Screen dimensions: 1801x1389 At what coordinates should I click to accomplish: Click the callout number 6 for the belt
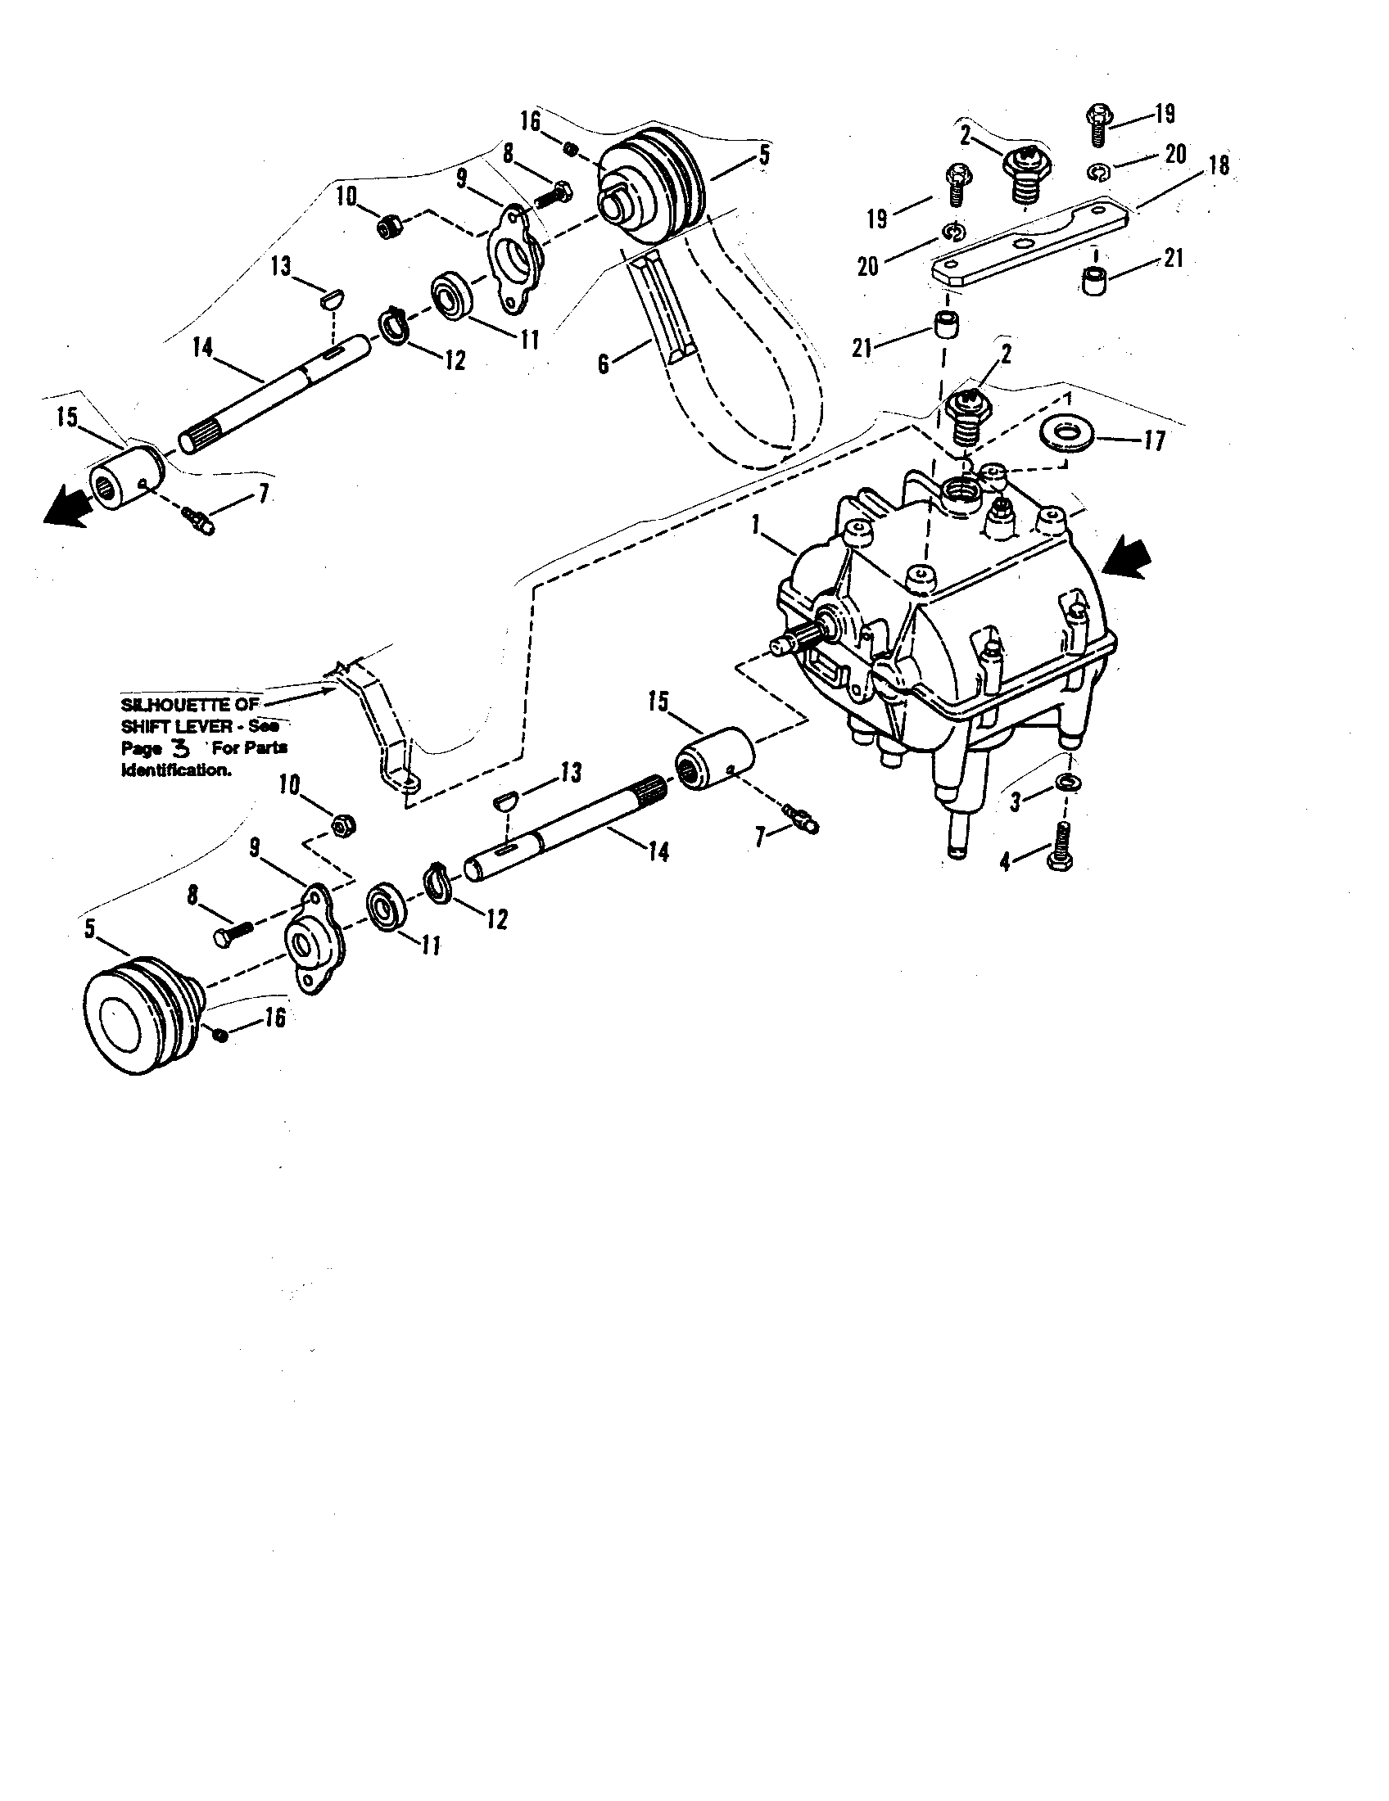604,363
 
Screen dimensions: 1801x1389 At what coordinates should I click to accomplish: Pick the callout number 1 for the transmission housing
756,521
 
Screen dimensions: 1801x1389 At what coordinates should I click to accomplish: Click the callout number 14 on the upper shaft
201,347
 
